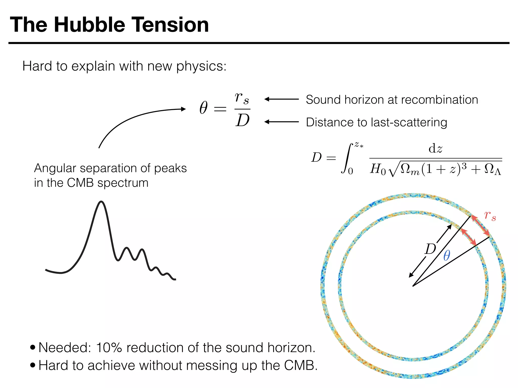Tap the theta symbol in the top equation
point(204,108)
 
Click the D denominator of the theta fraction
point(243,120)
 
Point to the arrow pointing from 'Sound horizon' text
point(282,99)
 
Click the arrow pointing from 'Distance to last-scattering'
point(282,122)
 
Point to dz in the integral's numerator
point(435,149)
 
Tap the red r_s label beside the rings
point(490,216)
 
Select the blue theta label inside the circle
point(447,255)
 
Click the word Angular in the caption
point(55,168)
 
